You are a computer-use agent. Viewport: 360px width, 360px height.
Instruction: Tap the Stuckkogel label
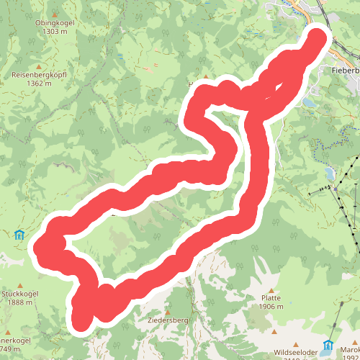click(18, 294)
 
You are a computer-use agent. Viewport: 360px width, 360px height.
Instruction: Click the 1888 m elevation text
click(18, 302)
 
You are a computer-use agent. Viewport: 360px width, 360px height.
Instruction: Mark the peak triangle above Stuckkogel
click(18, 284)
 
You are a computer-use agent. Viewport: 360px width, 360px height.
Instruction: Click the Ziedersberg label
click(167, 320)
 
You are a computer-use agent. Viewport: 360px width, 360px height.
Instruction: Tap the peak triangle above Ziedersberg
click(168, 310)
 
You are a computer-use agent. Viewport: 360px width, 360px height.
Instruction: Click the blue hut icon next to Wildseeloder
click(328, 345)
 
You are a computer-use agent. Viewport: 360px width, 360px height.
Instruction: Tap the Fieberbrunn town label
click(346, 71)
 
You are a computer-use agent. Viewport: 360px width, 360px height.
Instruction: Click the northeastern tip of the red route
click(318, 35)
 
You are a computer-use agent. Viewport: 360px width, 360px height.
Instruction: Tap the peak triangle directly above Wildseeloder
click(275, 332)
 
